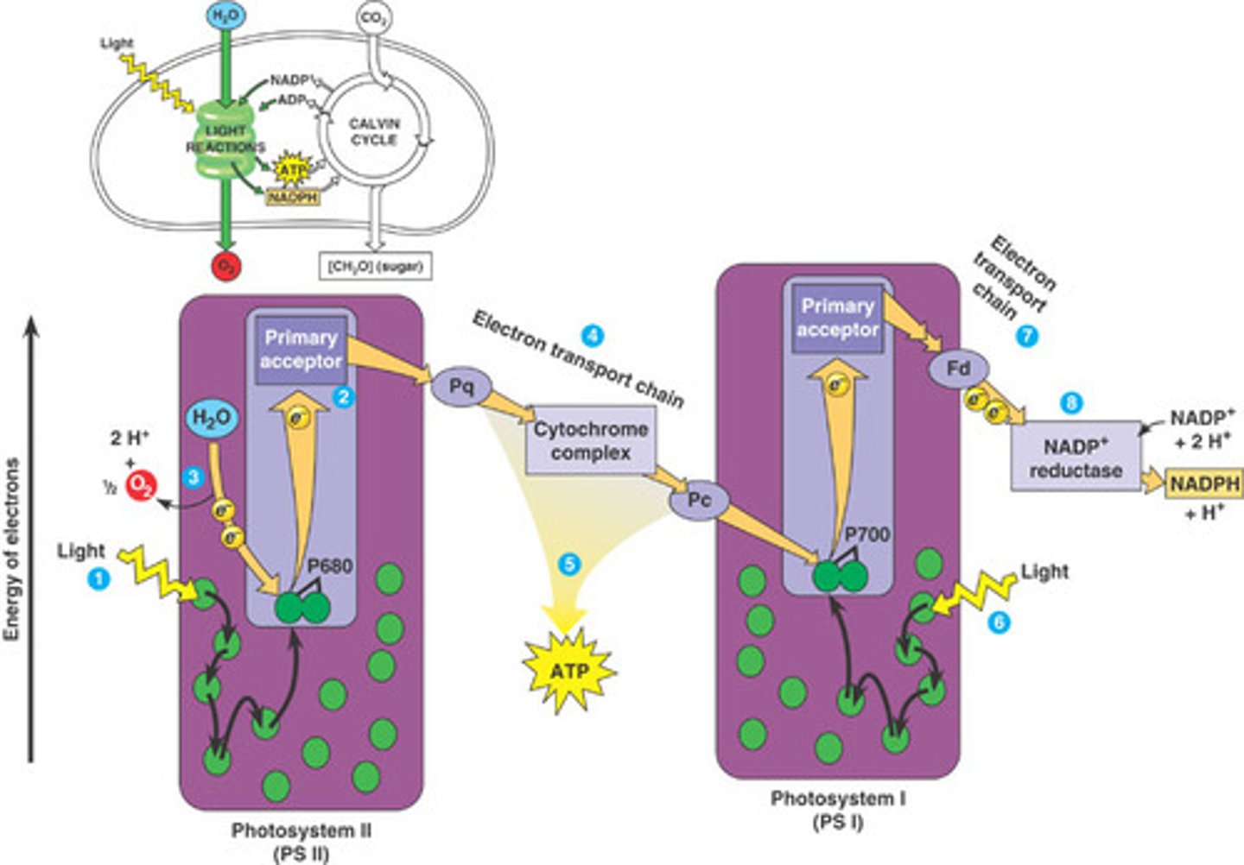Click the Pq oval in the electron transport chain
point(461,386)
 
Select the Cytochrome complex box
point(591,440)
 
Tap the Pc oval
point(700,501)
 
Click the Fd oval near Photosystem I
point(958,369)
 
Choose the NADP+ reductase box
point(1076,458)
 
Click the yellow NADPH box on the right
point(1204,483)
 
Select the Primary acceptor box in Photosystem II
point(301,350)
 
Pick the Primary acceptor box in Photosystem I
point(837,318)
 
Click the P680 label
point(330,567)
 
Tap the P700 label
point(866,534)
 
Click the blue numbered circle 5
point(568,565)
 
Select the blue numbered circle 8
point(1072,402)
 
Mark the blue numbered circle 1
point(98,578)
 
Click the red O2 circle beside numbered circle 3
point(141,487)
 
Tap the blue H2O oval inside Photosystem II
point(212,419)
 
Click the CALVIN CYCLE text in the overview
point(373,131)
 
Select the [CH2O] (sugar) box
point(375,267)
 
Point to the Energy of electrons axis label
point(11,550)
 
